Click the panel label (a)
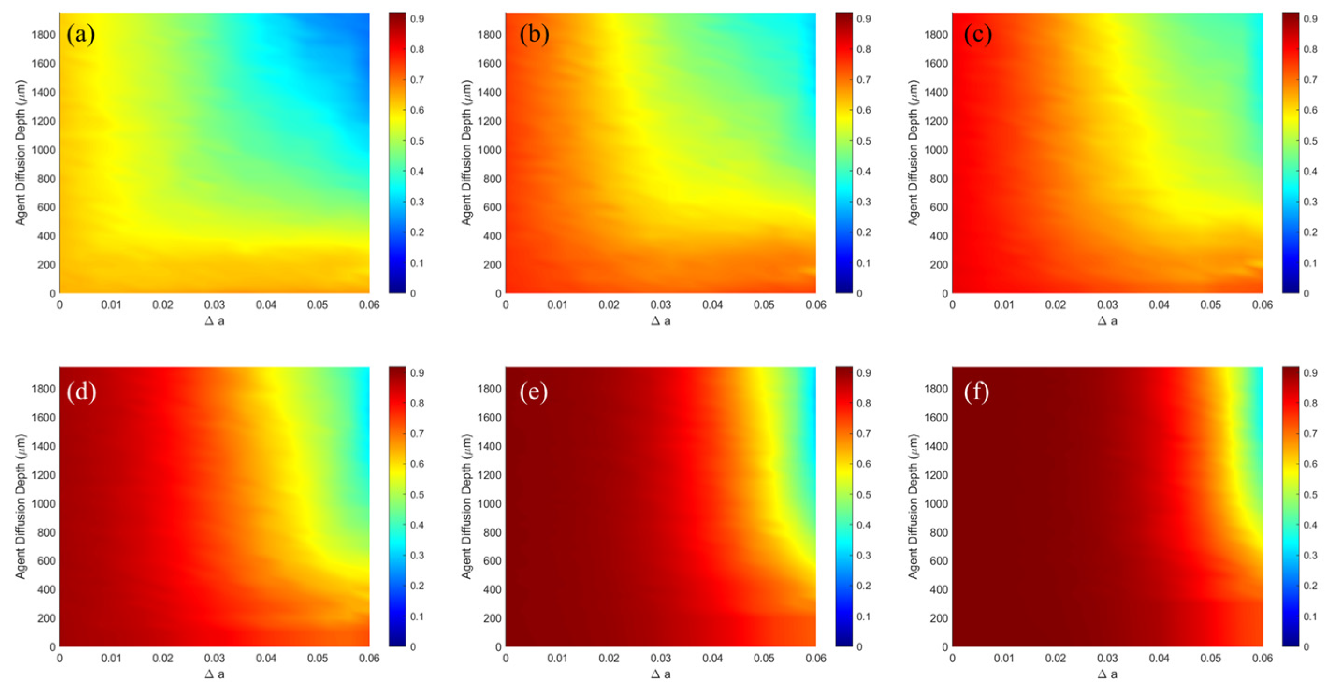81,35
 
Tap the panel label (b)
534,35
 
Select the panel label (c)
978,35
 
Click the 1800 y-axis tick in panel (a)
44,35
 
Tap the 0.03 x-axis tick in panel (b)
660,305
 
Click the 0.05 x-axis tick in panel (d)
318,659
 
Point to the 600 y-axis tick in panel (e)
493,561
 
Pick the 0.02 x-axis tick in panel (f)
1055,659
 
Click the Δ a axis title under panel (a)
214,321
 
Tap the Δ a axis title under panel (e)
660,674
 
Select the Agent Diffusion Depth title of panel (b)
466,152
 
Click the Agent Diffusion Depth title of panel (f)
913,506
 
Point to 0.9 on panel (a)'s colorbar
418,19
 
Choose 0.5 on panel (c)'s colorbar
1310,141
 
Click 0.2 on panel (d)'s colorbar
418,586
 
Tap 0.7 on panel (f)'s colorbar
1310,434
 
